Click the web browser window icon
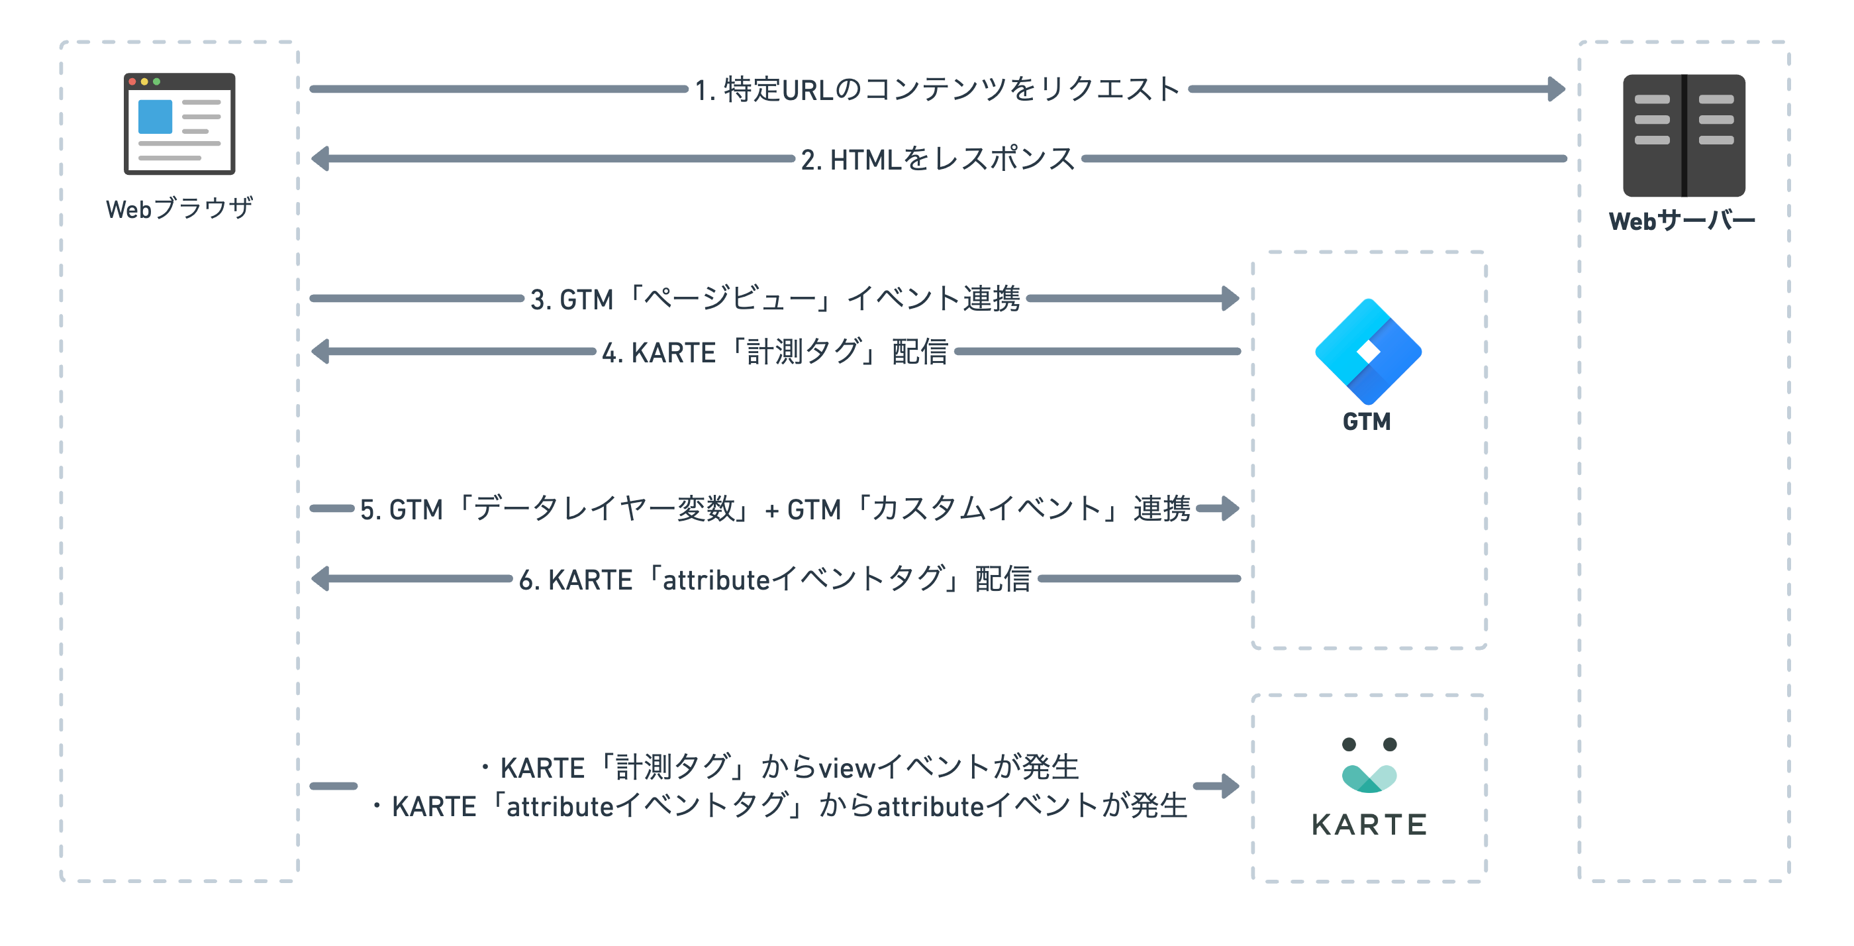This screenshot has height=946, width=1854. (179, 123)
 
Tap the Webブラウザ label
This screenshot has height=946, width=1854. (179, 209)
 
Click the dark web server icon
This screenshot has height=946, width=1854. (1683, 135)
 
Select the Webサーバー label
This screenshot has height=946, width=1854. (1682, 221)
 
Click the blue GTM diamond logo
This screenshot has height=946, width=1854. (1367, 351)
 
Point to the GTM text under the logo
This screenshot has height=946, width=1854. (1367, 421)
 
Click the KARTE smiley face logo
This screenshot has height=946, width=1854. (1369, 764)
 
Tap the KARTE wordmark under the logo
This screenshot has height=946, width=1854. (1369, 824)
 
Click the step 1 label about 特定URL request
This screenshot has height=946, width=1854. (937, 90)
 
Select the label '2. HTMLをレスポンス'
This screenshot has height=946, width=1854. (938, 159)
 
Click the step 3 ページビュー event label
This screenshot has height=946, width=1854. (775, 299)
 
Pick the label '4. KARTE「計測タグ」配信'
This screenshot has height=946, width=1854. (775, 352)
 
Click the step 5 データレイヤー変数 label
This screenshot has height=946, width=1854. (775, 509)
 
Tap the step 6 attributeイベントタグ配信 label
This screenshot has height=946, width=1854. (775, 579)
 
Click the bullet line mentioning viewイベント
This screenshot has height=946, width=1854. (779, 767)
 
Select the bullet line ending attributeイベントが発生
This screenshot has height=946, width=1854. (779, 806)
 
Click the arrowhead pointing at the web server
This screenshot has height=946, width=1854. (1556, 89)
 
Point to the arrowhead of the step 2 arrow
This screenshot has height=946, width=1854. (320, 158)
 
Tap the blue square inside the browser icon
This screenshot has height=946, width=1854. (155, 117)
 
